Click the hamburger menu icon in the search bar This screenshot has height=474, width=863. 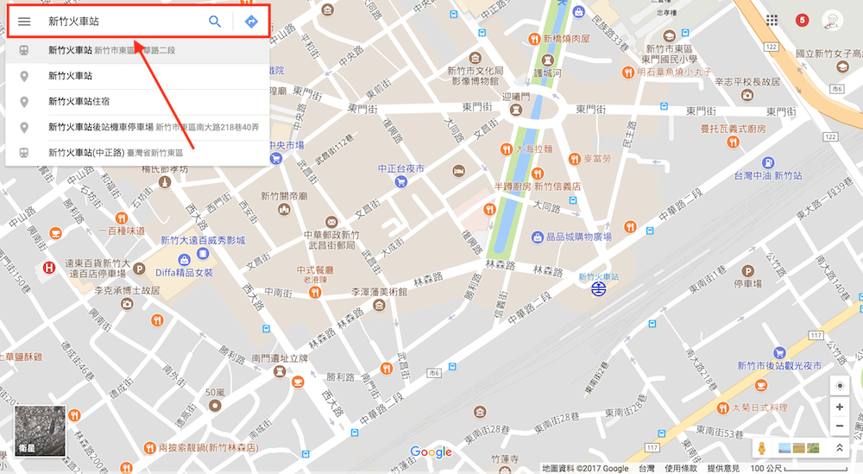24,22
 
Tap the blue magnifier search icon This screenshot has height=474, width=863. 215,22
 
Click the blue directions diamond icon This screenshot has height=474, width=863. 251,22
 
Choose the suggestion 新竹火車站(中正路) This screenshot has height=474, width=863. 86,153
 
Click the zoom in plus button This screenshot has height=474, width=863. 839,407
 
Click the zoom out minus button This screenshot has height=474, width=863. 839,427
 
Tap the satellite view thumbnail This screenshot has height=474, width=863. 39,431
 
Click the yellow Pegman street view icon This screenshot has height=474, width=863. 762,448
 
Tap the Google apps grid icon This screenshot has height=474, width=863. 772,20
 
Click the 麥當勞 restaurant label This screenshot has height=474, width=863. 596,159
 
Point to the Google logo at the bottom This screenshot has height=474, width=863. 431,452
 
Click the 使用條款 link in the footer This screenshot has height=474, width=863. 681,468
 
